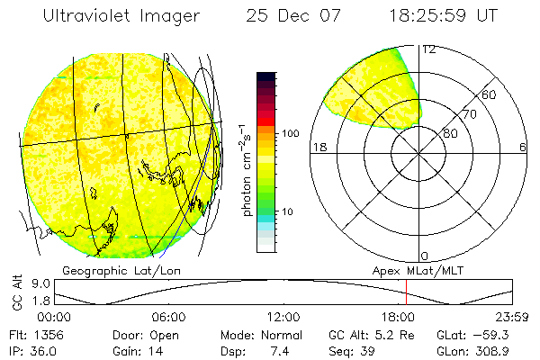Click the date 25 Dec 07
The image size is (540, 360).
pyautogui.click(x=291, y=15)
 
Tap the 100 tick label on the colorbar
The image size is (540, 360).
pyautogui.click(x=292, y=133)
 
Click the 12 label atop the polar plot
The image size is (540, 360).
pyautogui.click(x=428, y=49)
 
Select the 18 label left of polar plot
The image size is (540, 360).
pyautogui.click(x=318, y=148)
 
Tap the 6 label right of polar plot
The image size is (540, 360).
pyautogui.click(x=523, y=148)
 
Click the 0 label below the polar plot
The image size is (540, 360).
pyautogui.click(x=425, y=256)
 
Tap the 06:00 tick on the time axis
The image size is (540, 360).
pyautogui.click(x=168, y=317)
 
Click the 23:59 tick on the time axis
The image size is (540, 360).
pyautogui.click(x=512, y=317)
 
